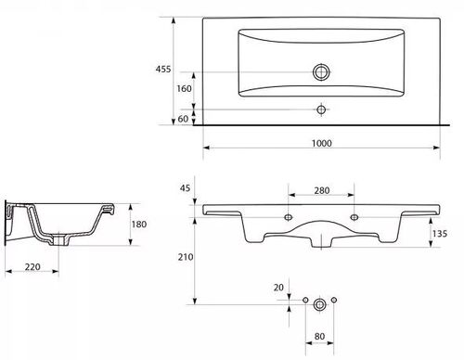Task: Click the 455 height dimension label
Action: click(x=163, y=69)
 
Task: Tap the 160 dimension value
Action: click(x=184, y=89)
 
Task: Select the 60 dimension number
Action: click(x=183, y=119)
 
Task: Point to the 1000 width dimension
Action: click(x=322, y=143)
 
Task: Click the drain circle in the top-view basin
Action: click(x=321, y=72)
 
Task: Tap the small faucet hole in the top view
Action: click(x=321, y=109)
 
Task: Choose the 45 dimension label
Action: click(x=185, y=187)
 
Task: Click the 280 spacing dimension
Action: click(x=322, y=190)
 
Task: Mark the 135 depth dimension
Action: click(x=440, y=234)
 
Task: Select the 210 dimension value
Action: click(x=186, y=257)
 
